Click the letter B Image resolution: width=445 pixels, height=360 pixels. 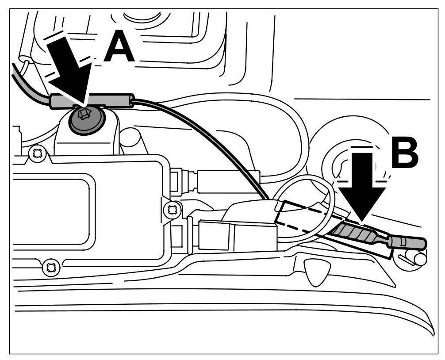coord(404,153)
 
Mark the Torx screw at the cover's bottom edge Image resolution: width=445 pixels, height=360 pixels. coord(50,267)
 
